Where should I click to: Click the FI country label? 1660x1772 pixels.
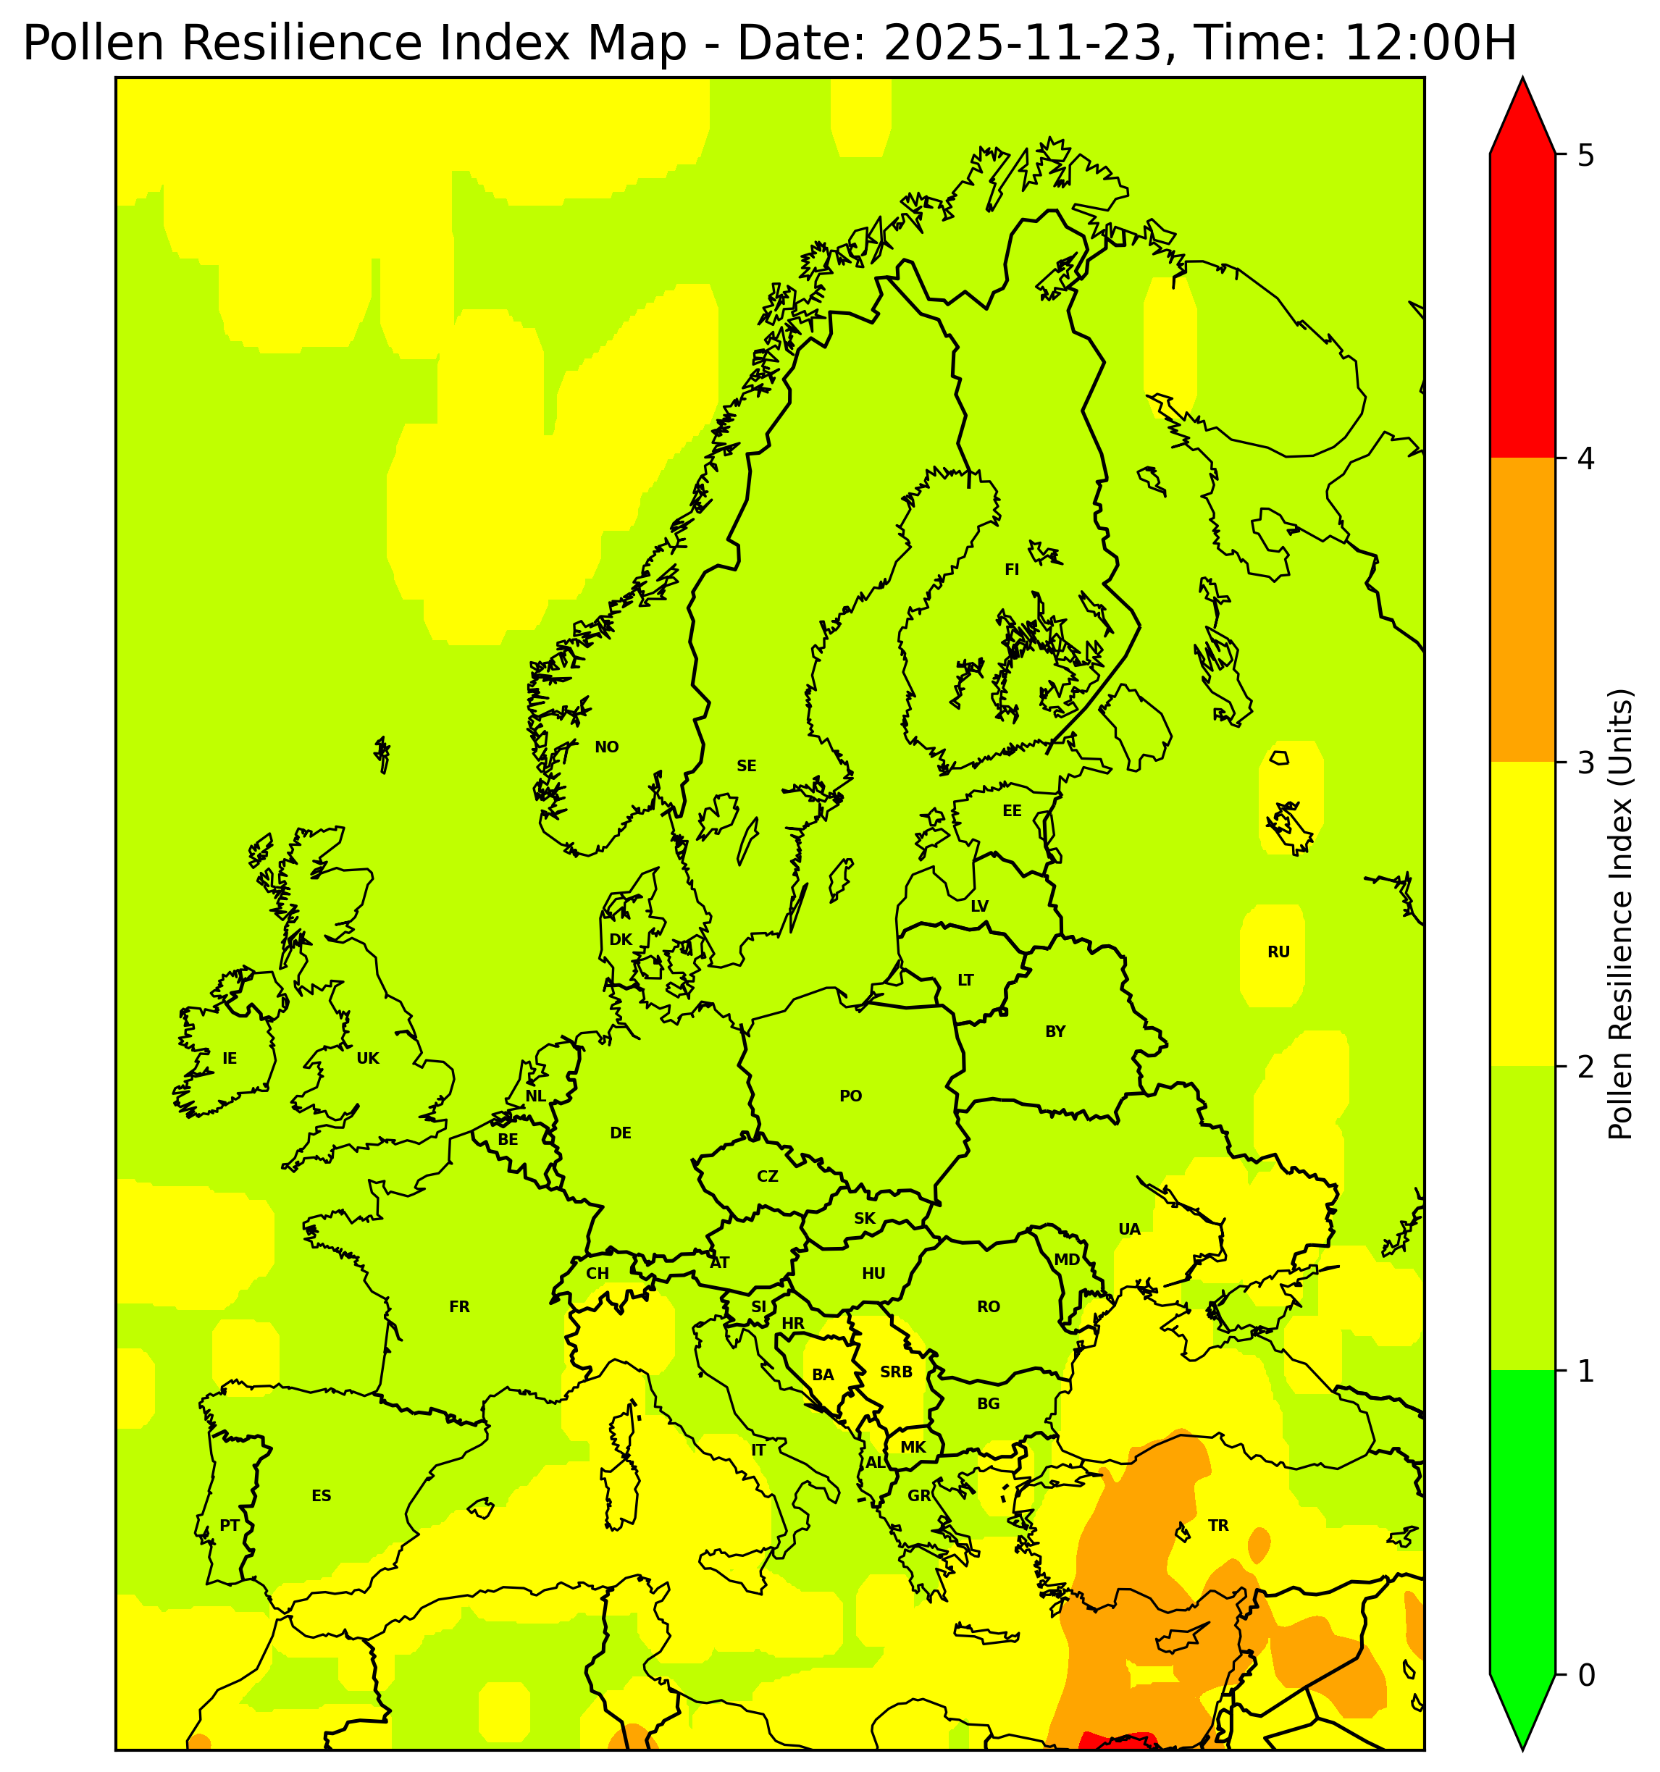pyautogui.click(x=1011, y=570)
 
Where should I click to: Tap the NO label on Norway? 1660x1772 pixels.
pyautogui.click(x=606, y=747)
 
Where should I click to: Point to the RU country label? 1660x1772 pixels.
pyautogui.click(x=1278, y=952)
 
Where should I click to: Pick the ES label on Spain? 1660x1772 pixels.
pyautogui.click(x=321, y=1495)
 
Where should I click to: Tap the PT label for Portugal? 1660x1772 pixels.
pyautogui.click(x=229, y=1525)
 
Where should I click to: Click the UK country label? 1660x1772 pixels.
pyautogui.click(x=367, y=1059)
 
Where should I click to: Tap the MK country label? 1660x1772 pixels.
pyautogui.click(x=913, y=1447)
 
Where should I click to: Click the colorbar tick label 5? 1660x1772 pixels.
pyautogui.click(x=1585, y=156)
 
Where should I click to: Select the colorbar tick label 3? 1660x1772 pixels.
pyautogui.click(x=1585, y=764)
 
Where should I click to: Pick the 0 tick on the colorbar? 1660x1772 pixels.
pyautogui.click(x=1585, y=1676)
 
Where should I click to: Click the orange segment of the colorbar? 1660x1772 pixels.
pyautogui.click(x=1522, y=610)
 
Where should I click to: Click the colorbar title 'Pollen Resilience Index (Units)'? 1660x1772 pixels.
pyautogui.click(x=1620, y=914)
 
